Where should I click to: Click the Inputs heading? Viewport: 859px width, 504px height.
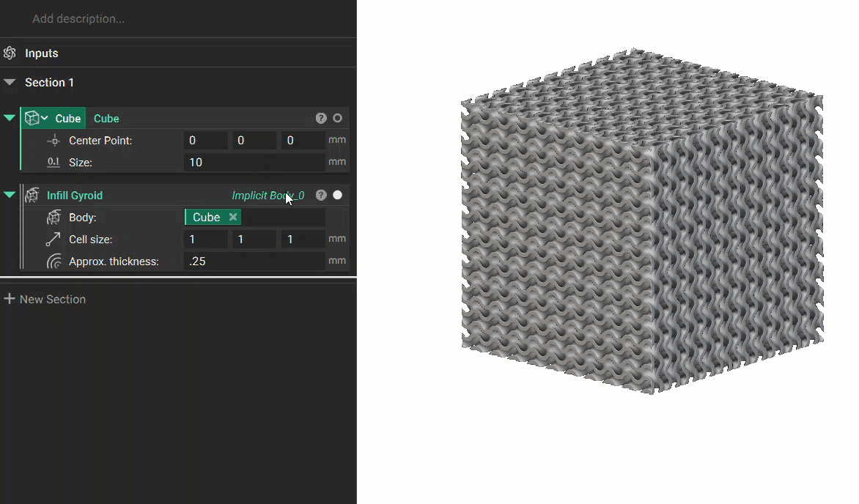(42, 53)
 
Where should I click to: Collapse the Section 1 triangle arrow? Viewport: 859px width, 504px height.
(10, 82)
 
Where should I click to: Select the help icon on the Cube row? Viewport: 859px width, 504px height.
(321, 119)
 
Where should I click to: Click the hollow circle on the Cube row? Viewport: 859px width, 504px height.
(337, 119)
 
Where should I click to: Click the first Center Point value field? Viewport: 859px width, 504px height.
(205, 140)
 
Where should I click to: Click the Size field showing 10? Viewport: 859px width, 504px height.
(254, 162)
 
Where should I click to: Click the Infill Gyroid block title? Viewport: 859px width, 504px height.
(75, 196)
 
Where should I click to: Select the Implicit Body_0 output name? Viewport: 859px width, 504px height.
(268, 196)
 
